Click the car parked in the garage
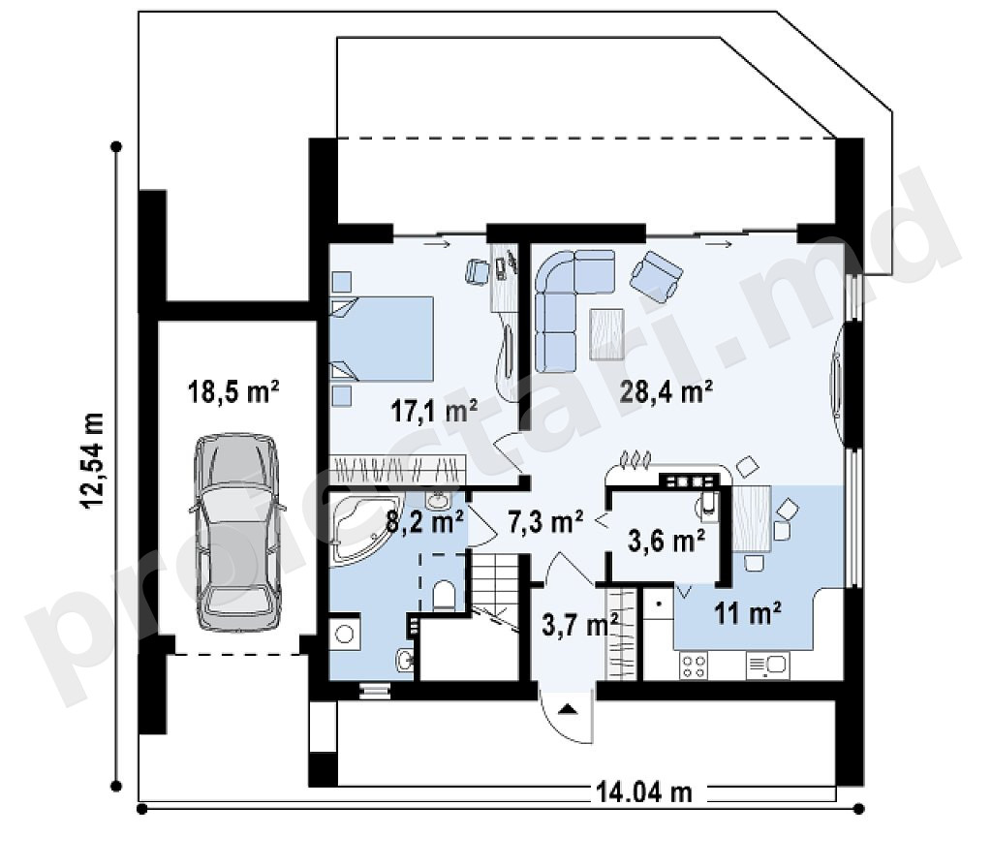tap(236, 532)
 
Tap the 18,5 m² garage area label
tap(234, 391)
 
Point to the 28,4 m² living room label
tap(666, 391)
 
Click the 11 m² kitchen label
tap(747, 612)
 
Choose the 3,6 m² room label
tap(666, 541)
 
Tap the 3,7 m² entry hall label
tap(580, 625)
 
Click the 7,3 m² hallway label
tap(544, 522)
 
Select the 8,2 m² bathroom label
tap(425, 522)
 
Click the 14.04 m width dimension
tap(643, 792)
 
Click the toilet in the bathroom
tap(444, 595)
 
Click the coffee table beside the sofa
tap(606, 333)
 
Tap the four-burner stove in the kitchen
tap(694, 666)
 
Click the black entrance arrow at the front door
tap(568, 708)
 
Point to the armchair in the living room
tap(656, 272)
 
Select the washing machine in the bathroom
tap(345, 633)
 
